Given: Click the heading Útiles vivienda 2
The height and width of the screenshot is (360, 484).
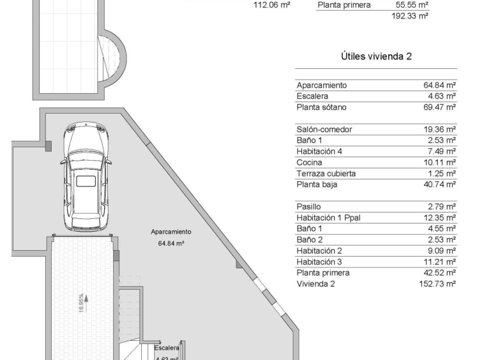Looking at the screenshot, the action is point(376,56).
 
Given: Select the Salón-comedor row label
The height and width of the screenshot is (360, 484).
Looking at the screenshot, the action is point(324,129).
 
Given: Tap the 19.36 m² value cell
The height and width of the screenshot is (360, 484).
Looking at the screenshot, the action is point(439,129).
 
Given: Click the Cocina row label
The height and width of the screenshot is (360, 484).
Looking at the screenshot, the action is point(309,163).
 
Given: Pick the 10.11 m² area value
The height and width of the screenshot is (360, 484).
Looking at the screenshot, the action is point(439,163).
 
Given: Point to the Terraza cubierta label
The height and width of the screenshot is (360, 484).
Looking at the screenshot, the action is point(326,174).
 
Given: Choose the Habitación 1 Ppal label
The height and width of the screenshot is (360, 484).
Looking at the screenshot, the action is point(328,218).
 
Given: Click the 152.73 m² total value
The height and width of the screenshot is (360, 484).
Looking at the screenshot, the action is point(437,284).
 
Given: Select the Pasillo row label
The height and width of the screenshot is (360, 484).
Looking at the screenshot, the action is point(308,207).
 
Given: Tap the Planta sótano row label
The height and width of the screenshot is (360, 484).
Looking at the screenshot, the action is point(321,107).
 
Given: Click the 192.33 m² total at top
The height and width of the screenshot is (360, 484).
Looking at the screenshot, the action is point(410,16).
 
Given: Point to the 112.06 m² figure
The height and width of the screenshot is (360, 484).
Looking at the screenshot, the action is point(271,5).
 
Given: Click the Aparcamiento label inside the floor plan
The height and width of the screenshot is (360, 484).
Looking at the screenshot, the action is point(171,232).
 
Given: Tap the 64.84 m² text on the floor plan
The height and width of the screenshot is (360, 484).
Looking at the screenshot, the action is point(171,243).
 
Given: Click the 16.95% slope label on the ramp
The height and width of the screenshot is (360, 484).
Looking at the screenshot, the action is point(81,303).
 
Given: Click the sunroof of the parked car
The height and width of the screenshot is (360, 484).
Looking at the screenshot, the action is point(86,181).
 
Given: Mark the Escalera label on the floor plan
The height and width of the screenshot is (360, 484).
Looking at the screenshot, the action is point(167,348).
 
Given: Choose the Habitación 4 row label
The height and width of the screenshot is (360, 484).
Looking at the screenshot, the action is point(319,151).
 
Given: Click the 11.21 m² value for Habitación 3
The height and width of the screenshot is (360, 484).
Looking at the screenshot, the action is point(439,262).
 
